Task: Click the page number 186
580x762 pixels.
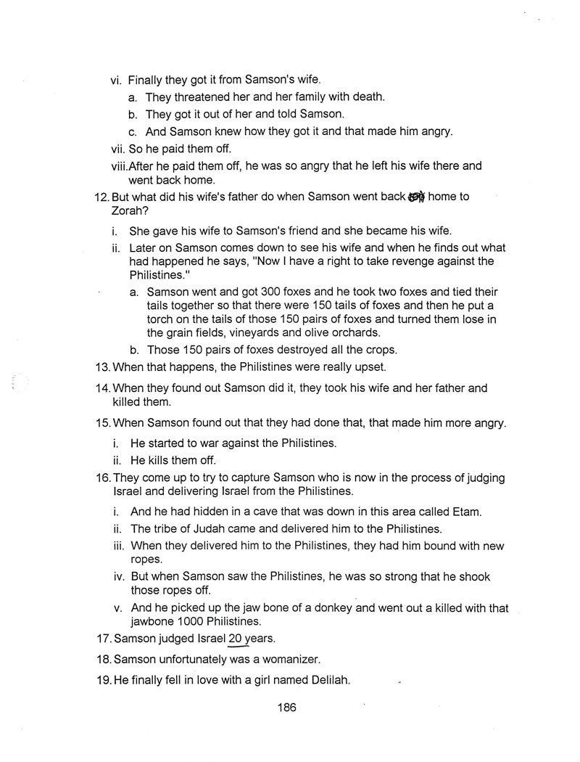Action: click(x=286, y=708)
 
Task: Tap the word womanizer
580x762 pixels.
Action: click(x=288, y=660)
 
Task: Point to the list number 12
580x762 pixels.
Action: click(x=102, y=197)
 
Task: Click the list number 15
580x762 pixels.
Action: click(x=102, y=423)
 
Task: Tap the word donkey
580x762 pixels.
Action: click(x=333, y=607)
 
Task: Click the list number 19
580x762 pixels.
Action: click(x=102, y=680)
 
